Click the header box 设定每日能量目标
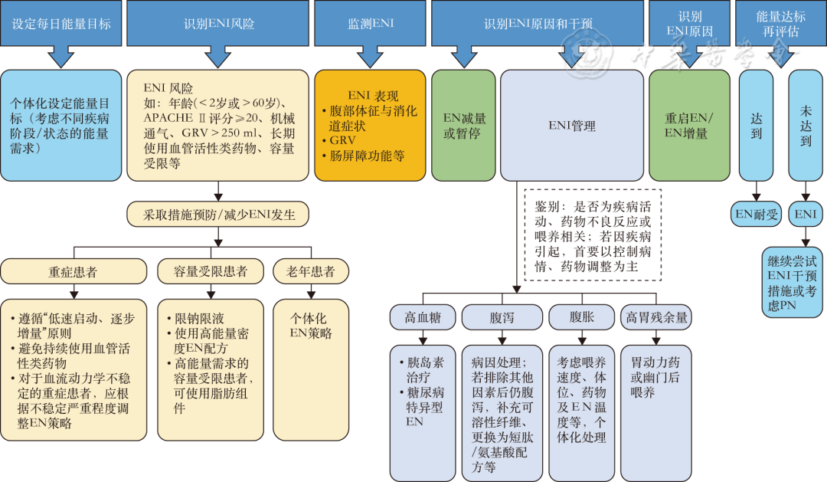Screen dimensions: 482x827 point(61,24)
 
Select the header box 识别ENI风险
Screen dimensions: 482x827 point(219,24)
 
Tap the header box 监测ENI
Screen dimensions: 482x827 point(371,24)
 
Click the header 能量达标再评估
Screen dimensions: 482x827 point(777,24)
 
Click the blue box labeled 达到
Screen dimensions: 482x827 point(757,126)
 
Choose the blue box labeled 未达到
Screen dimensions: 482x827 point(806,126)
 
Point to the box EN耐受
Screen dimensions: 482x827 point(757,215)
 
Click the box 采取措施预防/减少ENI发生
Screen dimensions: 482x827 point(219,214)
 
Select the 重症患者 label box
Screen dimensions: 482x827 point(74,271)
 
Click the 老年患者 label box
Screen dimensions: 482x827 point(310,271)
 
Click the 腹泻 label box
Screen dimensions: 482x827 point(502,316)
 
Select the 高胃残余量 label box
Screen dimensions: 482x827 point(657,316)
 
